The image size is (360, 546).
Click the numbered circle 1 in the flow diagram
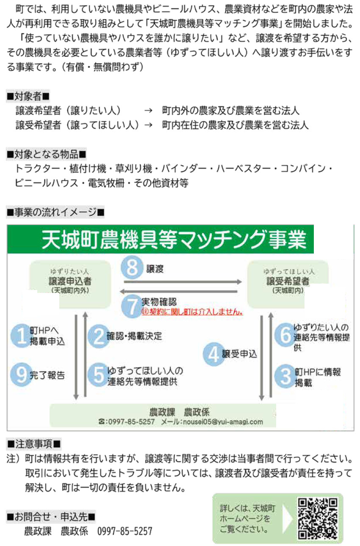20,335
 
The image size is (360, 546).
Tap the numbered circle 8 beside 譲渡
132,269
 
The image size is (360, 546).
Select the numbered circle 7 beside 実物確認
132,306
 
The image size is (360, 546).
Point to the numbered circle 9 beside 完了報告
20,374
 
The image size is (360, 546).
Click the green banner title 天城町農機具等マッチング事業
174,240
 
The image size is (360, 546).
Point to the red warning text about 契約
193,313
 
